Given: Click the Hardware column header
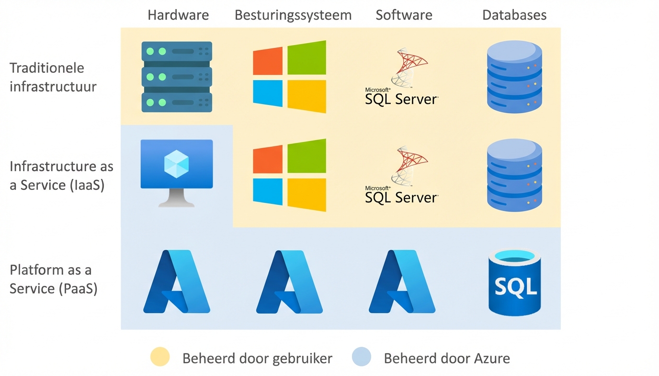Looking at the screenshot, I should [178, 15].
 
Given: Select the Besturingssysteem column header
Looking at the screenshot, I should [293, 15].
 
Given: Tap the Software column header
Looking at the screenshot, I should [404, 15].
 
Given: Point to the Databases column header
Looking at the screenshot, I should [514, 15].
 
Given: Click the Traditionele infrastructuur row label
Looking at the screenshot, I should [53, 77].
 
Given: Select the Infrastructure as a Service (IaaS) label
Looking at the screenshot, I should [61, 176].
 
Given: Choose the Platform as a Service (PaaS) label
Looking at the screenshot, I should [54, 279].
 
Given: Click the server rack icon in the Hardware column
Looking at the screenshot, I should [177, 77].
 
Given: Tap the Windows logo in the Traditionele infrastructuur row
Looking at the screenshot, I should [289, 77].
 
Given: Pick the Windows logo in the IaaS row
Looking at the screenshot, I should [289, 175].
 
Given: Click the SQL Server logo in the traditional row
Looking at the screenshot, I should [402, 77].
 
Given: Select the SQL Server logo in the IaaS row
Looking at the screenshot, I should [402, 175].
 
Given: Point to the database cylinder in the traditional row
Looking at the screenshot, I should [514, 77].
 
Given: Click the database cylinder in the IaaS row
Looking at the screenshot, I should [514, 175].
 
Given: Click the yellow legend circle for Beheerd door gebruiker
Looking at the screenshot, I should [160, 357].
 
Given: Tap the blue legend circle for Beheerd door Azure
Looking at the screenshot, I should [362, 357].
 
